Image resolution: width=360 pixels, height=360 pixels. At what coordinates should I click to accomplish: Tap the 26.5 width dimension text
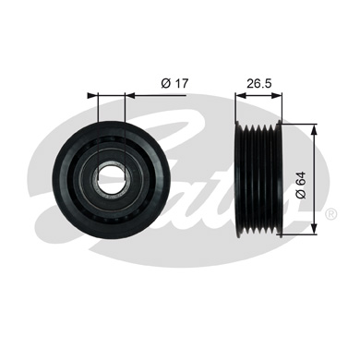[258, 84]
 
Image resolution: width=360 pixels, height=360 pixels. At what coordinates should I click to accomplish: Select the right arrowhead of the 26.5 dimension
[278, 94]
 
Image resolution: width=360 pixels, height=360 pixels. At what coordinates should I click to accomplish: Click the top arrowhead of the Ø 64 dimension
[315, 127]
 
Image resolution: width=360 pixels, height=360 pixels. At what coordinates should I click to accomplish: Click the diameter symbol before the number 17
[164, 84]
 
